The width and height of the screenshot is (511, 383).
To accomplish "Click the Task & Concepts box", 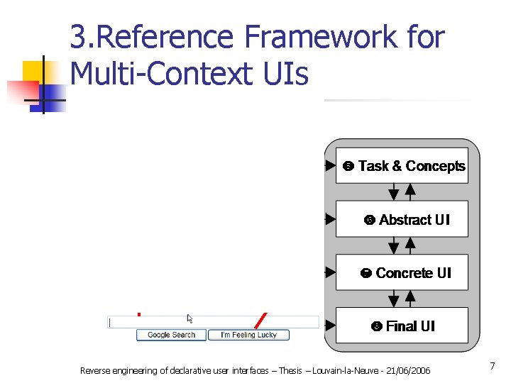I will click(x=402, y=166).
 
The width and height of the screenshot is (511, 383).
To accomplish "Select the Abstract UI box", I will click(x=402, y=219).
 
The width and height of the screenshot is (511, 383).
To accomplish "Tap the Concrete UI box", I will click(x=402, y=272).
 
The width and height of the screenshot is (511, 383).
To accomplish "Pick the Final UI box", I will click(x=402, y=326).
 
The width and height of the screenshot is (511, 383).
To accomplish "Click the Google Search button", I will click(x=171, y=335).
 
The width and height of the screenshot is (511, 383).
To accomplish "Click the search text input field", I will click(x=213, y=322).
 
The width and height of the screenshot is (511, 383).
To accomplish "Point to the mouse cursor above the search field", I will click(x=190, y=318).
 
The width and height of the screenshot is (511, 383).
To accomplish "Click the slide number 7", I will click(x=492, y=366).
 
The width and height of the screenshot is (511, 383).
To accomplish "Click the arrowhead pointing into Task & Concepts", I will click(x=330, y=166).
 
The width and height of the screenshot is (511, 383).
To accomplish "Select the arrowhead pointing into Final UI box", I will click(x=330, y=326).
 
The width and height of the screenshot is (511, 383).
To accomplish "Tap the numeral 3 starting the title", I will click(x=77, y=37).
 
